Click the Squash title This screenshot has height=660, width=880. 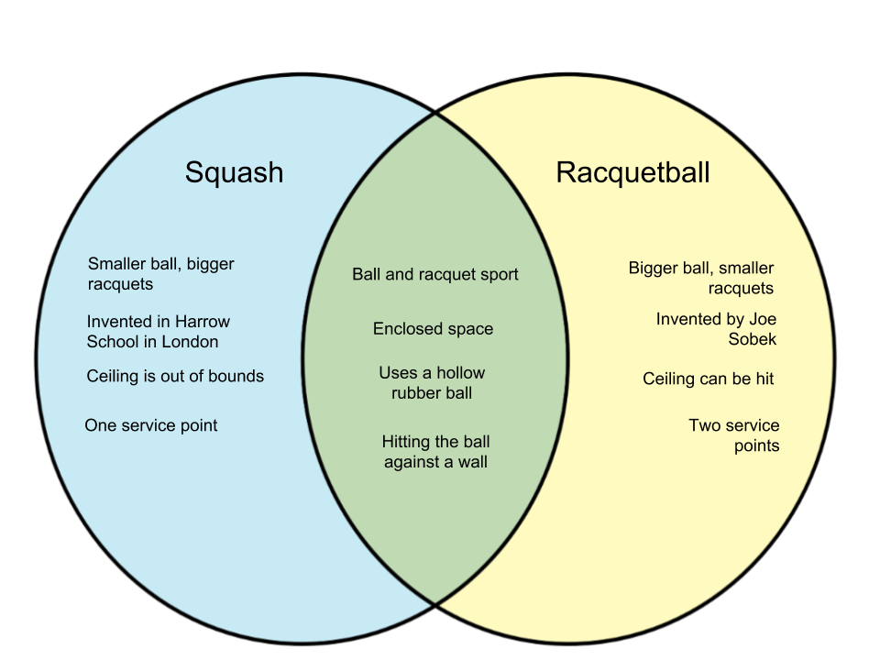(x=234, y=172)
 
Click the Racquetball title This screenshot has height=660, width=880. (x=632, y=172)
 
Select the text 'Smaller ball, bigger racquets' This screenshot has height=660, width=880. (x=160, y=274)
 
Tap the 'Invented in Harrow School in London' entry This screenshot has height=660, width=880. (x=158, y=332)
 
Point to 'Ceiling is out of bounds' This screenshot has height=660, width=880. (x=175, y=376)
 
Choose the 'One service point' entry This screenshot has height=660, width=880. (x=151, y=425)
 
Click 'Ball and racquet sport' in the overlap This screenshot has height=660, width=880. (x=434, y=274)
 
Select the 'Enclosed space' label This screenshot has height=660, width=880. (x=433, y=328)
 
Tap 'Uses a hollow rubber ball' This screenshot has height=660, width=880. (x=432, y=383)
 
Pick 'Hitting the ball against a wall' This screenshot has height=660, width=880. (x=435, y=452)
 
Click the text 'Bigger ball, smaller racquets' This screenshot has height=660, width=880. (x=701, y=278)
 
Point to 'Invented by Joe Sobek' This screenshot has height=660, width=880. (x=717, y=329)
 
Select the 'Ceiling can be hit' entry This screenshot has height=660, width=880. (x=708, y=379)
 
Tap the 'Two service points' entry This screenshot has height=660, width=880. (x=734, y=435)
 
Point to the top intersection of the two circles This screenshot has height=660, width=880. (x=434, y=115)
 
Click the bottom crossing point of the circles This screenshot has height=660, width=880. (x=434, y=603)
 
